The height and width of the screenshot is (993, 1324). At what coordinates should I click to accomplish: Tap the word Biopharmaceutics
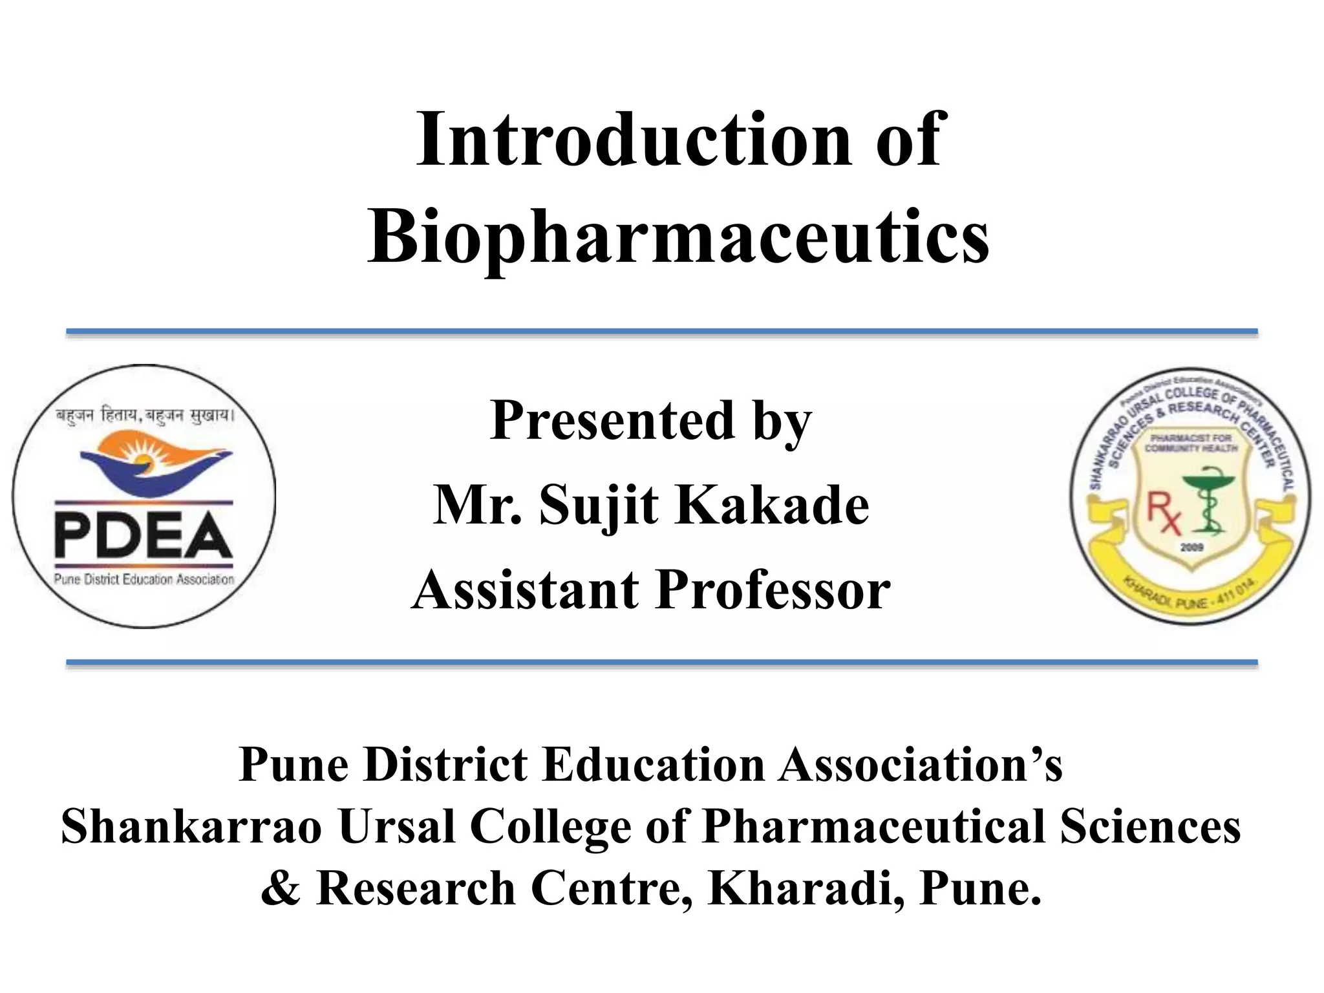point(678,236)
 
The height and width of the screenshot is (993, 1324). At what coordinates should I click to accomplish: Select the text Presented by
point(650,421)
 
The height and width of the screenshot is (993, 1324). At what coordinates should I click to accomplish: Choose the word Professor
point(773,590)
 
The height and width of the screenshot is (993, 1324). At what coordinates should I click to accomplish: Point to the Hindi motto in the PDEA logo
point(144,416)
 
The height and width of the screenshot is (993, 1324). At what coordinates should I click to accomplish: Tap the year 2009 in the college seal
point(1191,547)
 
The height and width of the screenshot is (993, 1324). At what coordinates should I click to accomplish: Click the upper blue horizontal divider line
point(661,332)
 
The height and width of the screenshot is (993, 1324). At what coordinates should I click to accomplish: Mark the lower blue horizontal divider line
point(661,663)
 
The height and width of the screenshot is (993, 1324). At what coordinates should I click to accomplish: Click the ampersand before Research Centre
point(281,888)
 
